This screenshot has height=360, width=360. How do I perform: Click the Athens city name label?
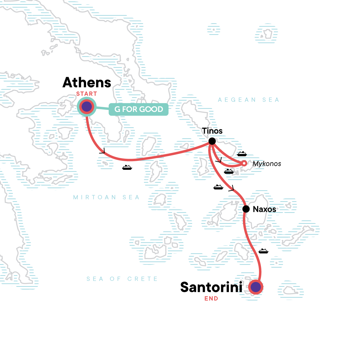(87, 82)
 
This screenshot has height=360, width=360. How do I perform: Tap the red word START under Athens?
(86, 94)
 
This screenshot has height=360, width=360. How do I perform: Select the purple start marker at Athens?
(87, 107)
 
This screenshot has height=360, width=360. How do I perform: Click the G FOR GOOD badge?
(139, 109)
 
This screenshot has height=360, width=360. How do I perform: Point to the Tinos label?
(212, 131)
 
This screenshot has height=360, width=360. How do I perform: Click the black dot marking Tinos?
(212, 141)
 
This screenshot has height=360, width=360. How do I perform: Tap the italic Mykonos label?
(267, 164)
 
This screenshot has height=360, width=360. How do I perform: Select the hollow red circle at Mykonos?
(244, 163)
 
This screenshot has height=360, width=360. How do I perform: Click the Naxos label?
(264, 209)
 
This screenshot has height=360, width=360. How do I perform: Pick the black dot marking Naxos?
(246, 209)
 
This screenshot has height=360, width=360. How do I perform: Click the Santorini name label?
(211, 287)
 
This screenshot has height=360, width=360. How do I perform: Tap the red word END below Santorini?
(211, 298)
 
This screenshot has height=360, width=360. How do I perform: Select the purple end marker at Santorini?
(256, 287)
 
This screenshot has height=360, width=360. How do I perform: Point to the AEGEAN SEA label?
(248, 100)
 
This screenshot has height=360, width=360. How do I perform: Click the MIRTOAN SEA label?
(106, 197)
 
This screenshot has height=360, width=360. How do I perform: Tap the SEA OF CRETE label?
(122, 279)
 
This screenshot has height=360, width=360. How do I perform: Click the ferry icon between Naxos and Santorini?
(263, 251)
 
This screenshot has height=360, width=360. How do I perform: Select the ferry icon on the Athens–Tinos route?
(127, 167)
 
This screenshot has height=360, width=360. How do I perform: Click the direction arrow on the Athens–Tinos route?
(103, 151)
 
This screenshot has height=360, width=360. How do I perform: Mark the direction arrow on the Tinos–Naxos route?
(231, 188)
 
